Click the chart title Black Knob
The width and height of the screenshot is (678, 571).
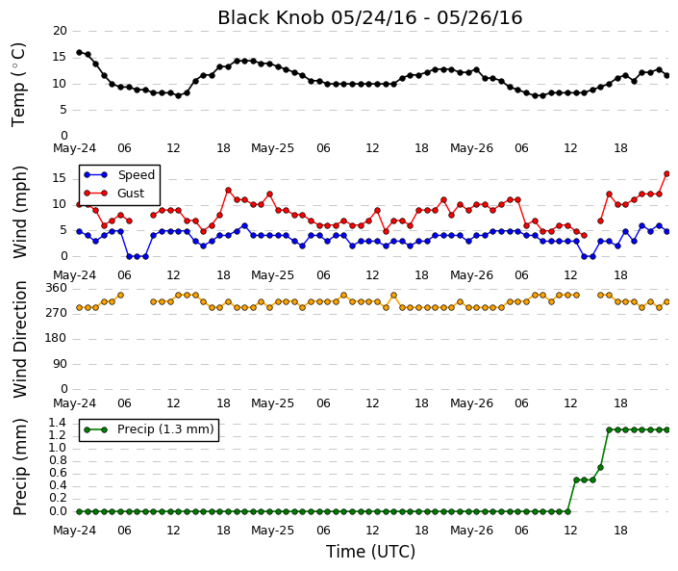pyautogui.click(x=270, y=17)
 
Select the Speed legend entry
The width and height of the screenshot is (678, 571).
pyautogui.click(x=119, y=175)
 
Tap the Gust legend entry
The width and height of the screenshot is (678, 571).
pyautogui.click(x=114, y=194)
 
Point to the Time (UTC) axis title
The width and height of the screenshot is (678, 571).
pyautogui.click(x=370, y=552)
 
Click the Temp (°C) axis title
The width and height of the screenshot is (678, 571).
pyautogui.click(x=19, y=85)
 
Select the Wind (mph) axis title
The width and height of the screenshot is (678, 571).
pyautogui.click(x=20, y=213)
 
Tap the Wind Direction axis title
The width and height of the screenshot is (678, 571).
pyautogui.click(x=20, y=339)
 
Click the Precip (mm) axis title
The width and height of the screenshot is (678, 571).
pyautogui.click(x=20, y=467)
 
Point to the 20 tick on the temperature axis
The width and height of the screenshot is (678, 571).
pyautogui.click(x=60, y=31)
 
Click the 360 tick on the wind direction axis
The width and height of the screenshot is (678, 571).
pyautogui.click(x=57, y=288)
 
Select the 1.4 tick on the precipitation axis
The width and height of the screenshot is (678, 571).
pyautogui.click(x=58, y=423)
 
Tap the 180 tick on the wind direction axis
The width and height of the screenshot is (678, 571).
pyautogui.click(x=56, y=338)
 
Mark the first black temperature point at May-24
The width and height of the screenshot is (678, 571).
pyautogui.click(x=79, y=52)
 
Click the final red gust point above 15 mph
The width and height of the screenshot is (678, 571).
pyautogui.click(x=666, y=174)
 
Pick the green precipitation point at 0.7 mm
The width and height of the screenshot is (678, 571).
pyautogui.click(x=601, y=468)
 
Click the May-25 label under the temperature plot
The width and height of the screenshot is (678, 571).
pyautogui.click(x=272, y=148)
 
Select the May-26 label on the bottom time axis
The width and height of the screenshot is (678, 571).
pyautogui.click(x=471, y=531)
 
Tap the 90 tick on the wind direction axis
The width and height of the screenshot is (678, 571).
pyautogui.click(x=60, y=364)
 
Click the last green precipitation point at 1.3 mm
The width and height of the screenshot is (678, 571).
pyautogui.click(x=666, y=429)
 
